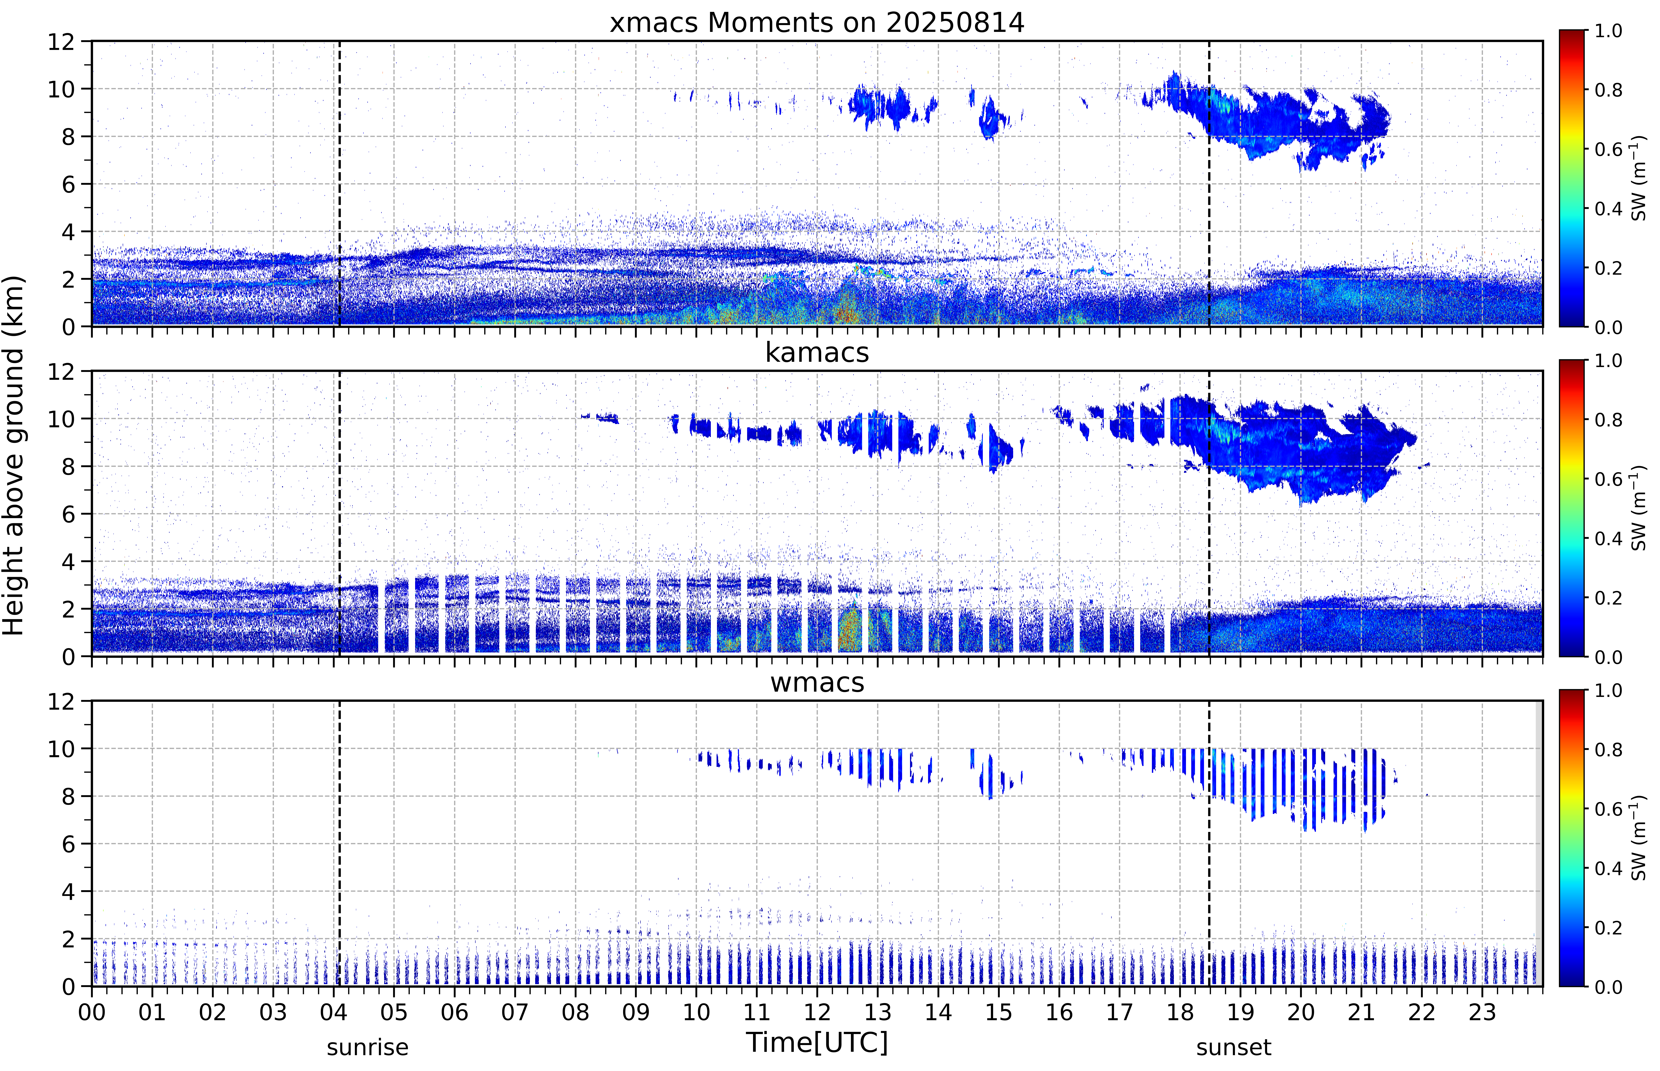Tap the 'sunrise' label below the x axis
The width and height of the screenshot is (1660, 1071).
(x=368, y=1047)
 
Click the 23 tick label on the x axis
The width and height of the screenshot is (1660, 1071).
(x=1482, y=1012)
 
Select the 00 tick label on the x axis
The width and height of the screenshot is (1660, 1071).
(x=92, y=1012)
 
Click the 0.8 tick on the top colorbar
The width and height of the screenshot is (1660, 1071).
(x=1608, y=90)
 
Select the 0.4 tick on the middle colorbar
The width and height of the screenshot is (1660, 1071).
(x=1608, y=538)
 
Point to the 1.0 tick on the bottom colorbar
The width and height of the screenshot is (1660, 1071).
(x=1608, y=691)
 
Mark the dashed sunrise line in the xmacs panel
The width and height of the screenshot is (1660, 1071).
(x=339, y=184)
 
